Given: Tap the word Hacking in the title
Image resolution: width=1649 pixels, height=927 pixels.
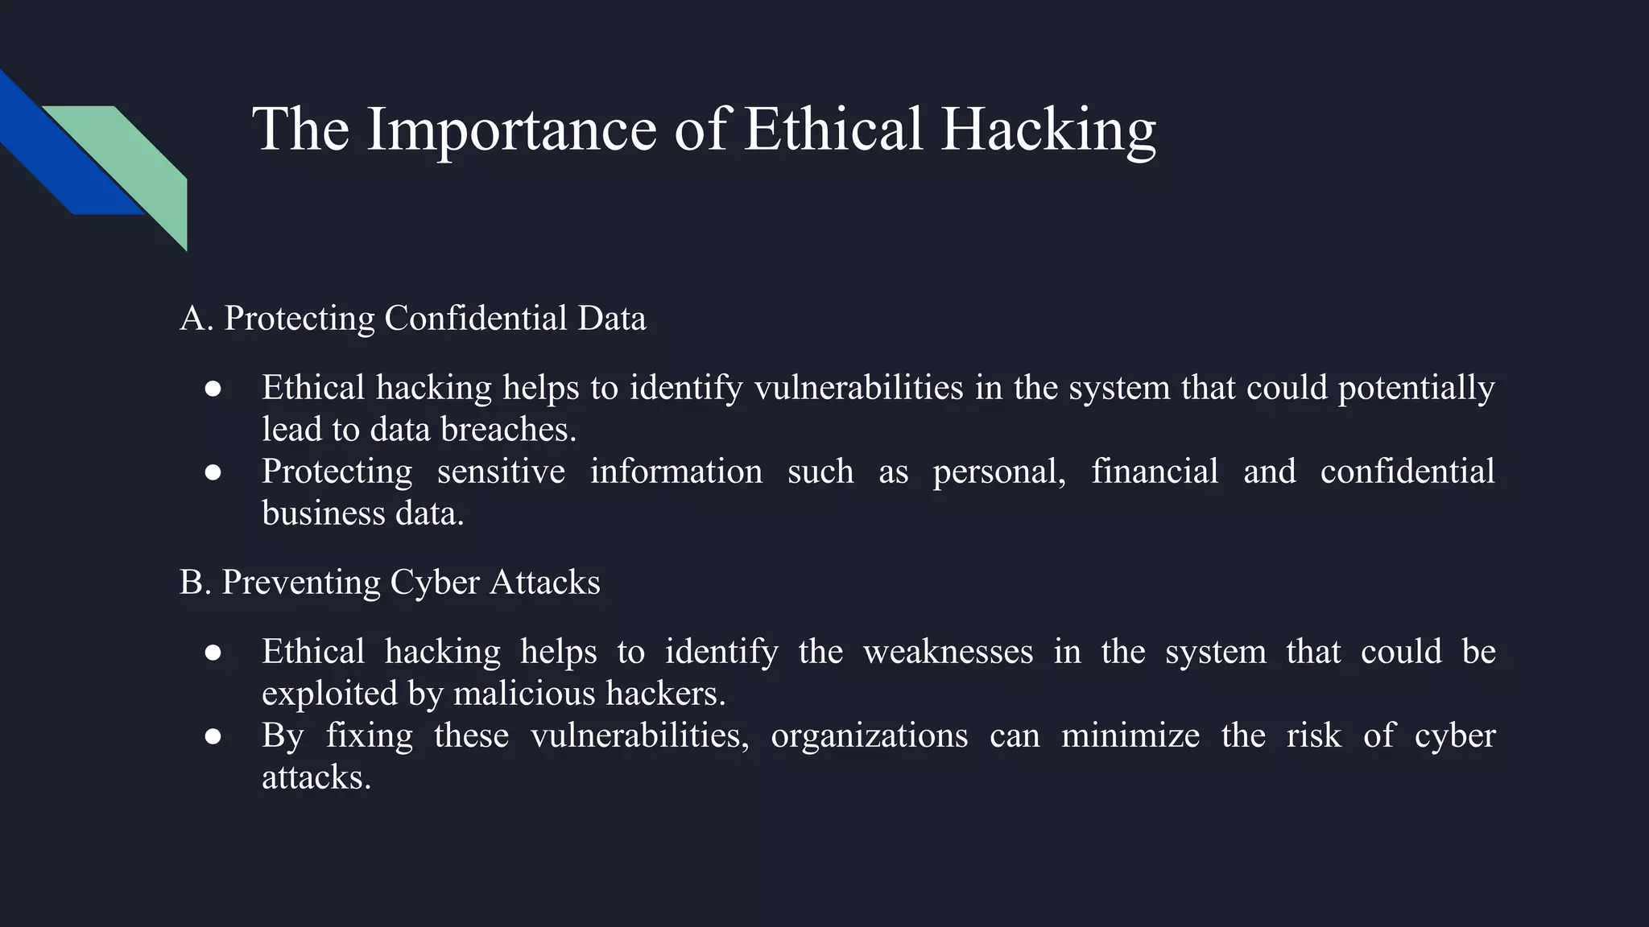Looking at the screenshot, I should pos(1048,129).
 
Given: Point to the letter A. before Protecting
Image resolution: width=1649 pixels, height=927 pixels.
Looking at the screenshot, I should pos(196,318).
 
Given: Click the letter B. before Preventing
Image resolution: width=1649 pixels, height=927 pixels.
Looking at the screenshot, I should pos(194,582).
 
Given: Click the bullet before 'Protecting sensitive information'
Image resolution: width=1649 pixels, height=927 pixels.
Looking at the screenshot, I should pos(213,472).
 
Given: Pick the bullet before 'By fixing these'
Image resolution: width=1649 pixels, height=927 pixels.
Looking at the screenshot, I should pos(213,736).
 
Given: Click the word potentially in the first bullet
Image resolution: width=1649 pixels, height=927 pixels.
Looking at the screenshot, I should pos(1415,388).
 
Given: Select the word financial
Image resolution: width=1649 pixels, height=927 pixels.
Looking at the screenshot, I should pos(1154,472).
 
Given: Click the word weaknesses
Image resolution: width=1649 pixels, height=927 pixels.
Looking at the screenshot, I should pos(948,652).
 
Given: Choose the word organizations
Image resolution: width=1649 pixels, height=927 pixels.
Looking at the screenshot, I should pos(869,735).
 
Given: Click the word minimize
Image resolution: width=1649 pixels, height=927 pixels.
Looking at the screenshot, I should pos(1130,735).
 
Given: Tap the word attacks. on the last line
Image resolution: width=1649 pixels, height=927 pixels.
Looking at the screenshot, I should pos(316,777).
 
